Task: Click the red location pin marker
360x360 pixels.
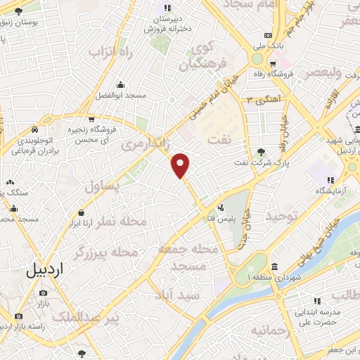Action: coord(181,165)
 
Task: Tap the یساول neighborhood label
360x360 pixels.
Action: coord(103,187)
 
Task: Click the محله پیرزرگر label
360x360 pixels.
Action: coord(103,251)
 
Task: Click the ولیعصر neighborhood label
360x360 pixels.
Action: coord(323,72)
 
